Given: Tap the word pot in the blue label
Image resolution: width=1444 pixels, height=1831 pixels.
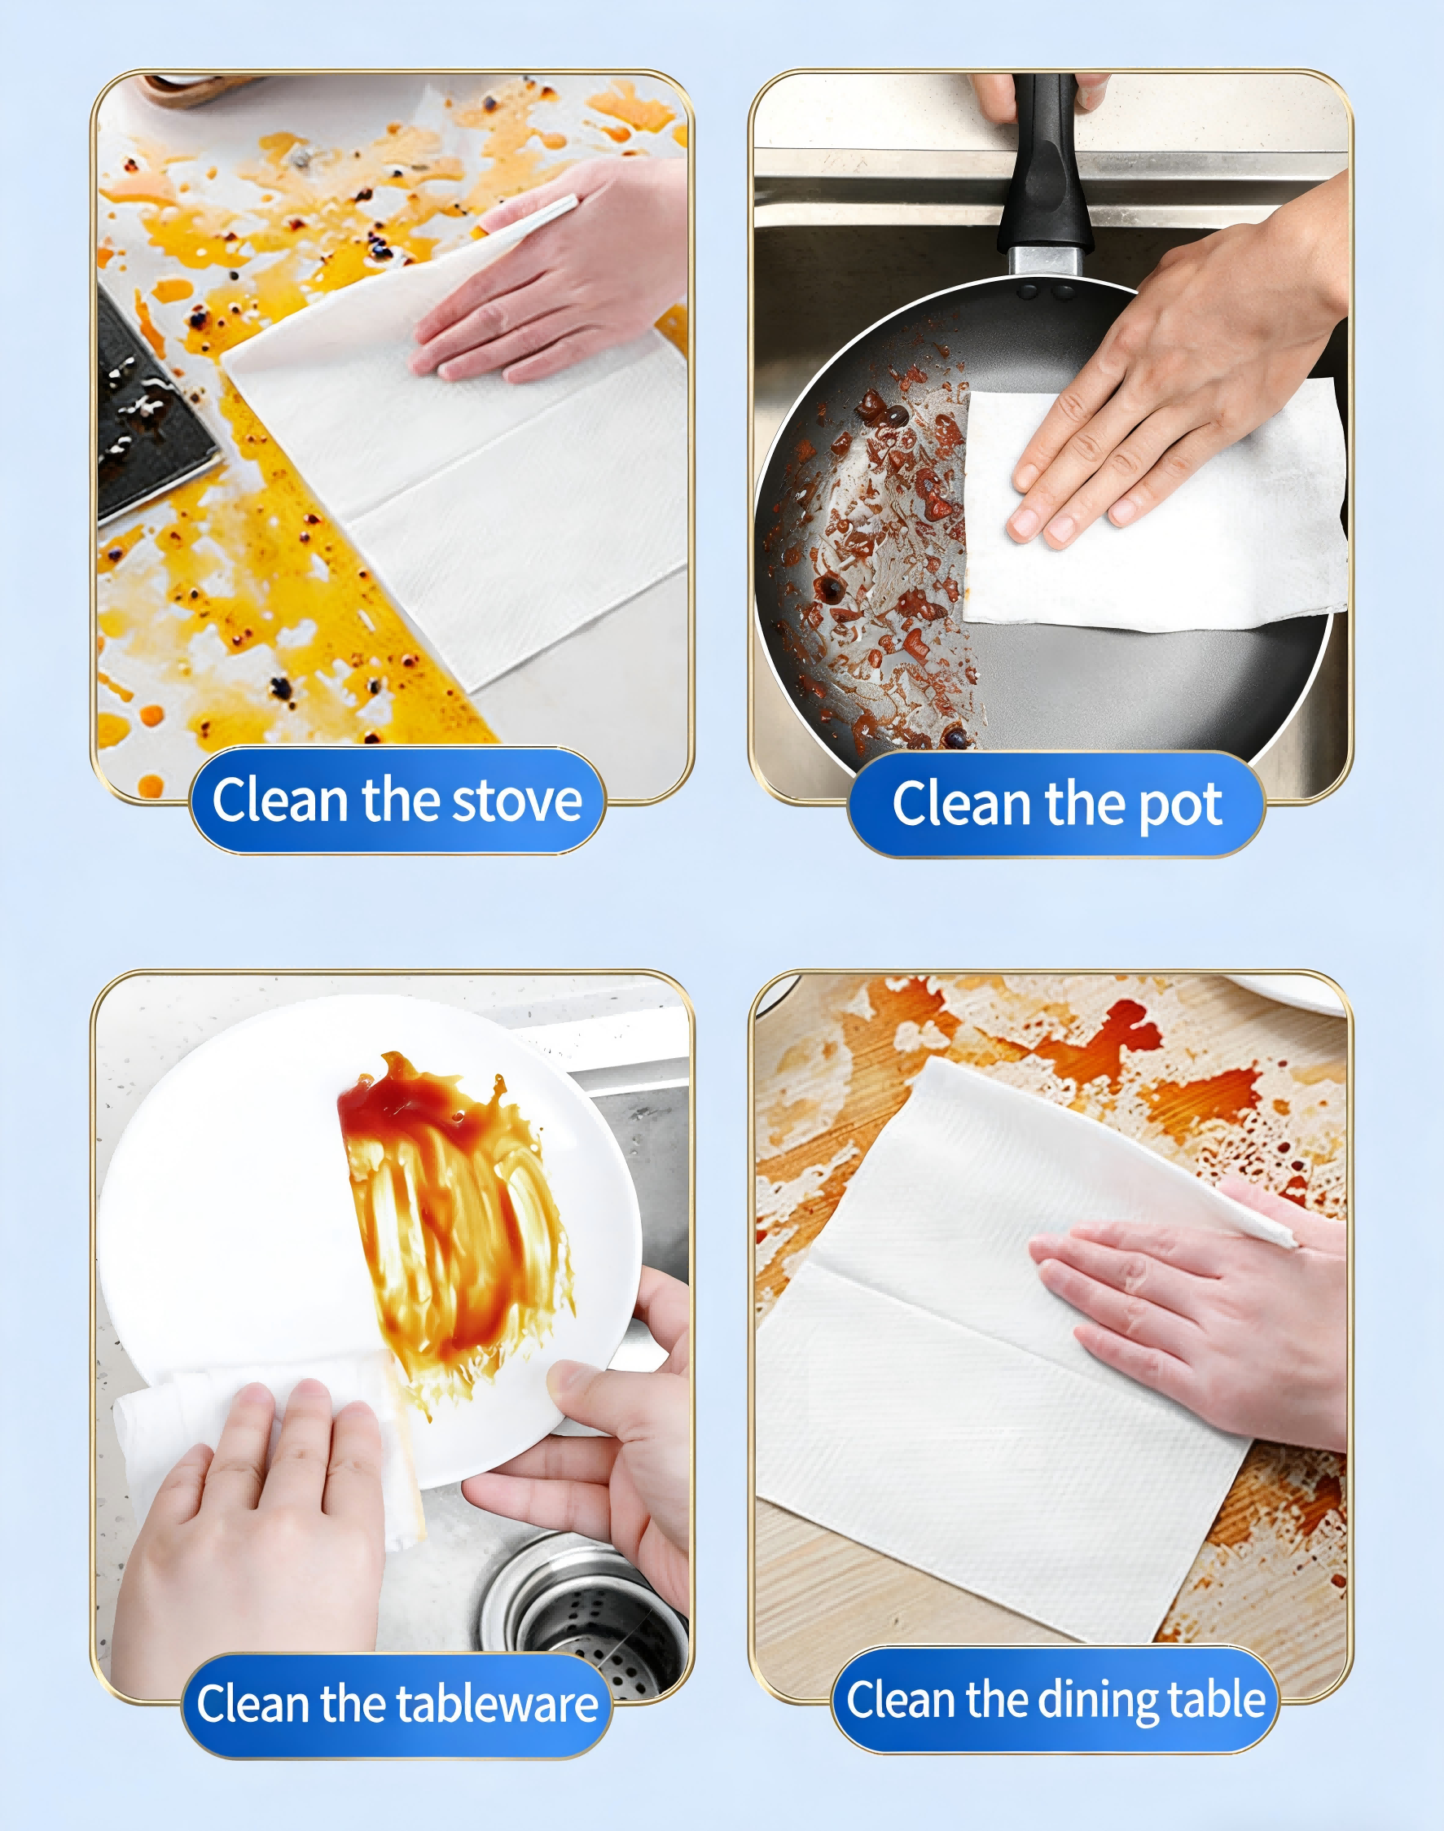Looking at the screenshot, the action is click(1179, 805).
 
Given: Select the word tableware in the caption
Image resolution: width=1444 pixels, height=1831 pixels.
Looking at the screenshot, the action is click(485, 1702).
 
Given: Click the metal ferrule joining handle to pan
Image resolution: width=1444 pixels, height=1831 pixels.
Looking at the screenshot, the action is click(1045, 261).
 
